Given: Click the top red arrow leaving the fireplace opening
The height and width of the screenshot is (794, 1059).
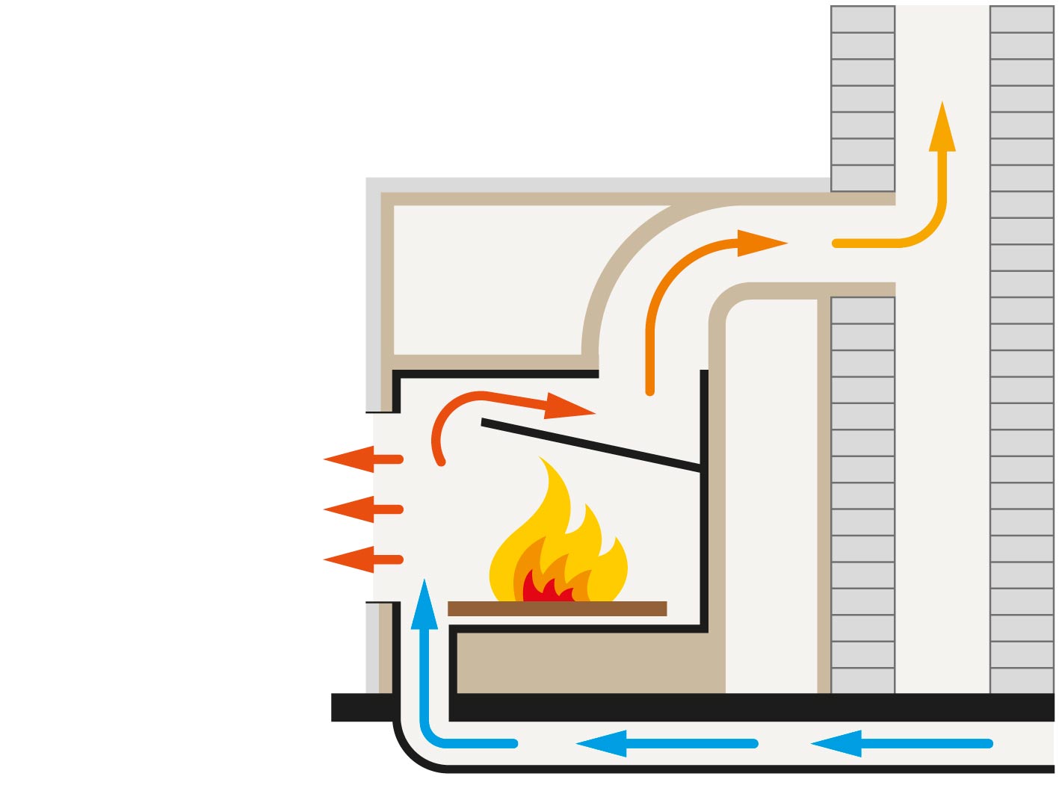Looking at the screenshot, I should [359, 459].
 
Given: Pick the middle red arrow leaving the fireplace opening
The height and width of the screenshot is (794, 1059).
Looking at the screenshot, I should [359, 509].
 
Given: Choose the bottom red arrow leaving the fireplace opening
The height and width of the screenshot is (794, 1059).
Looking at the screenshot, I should [359, 559].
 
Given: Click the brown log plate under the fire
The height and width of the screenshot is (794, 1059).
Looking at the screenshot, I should [557, 609].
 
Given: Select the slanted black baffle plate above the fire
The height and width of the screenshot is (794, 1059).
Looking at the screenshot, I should [590, 446].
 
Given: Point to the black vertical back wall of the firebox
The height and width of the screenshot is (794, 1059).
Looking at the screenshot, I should [704, 523].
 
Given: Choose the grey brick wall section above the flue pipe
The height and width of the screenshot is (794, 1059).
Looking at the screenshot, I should [862, 97].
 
